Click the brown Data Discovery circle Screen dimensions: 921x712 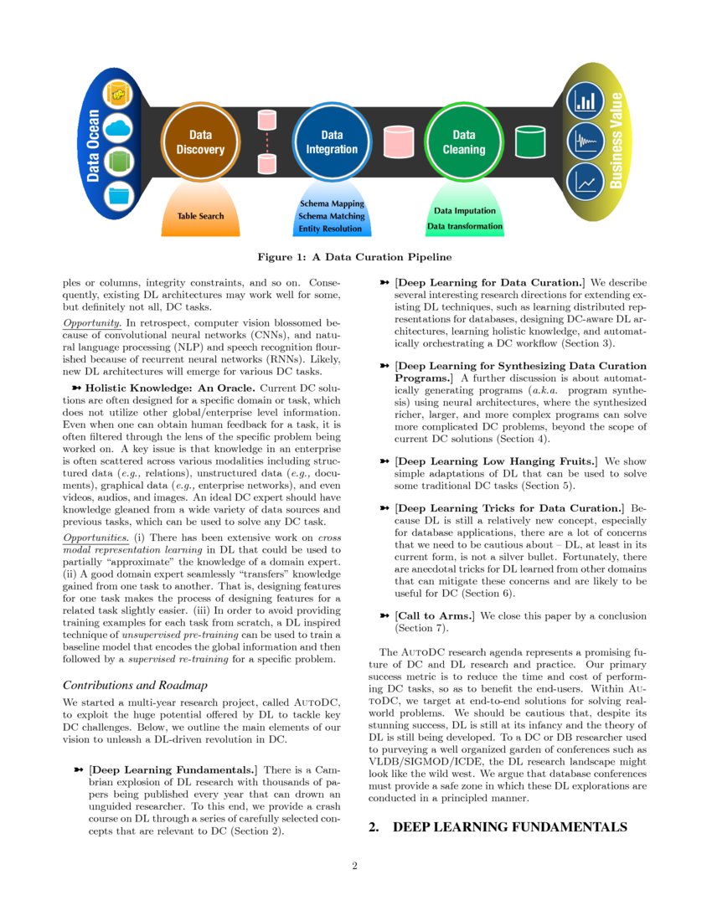pos(200,141)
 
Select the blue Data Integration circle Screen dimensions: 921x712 pos(332,141)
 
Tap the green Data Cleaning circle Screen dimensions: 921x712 pos(463,141)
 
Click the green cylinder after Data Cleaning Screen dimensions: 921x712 pos(529,141)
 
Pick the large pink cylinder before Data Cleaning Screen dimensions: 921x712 pos(398,141)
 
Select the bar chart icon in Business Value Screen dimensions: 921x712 pos(586,102)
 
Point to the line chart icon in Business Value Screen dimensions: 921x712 pos(586,181)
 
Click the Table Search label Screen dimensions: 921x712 pos(200,216)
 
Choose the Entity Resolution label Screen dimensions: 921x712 pos(332,229)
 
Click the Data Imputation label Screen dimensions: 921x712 pos(464,211)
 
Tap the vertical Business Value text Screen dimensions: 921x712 pos(617,140)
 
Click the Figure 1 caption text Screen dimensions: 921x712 pos(355,256)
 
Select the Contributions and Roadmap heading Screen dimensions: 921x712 pos(136,684)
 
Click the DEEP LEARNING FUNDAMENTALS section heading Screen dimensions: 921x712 pos(498,827)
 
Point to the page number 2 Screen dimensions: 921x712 pos(355,866)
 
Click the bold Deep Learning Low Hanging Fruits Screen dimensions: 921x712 pos(496,461)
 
